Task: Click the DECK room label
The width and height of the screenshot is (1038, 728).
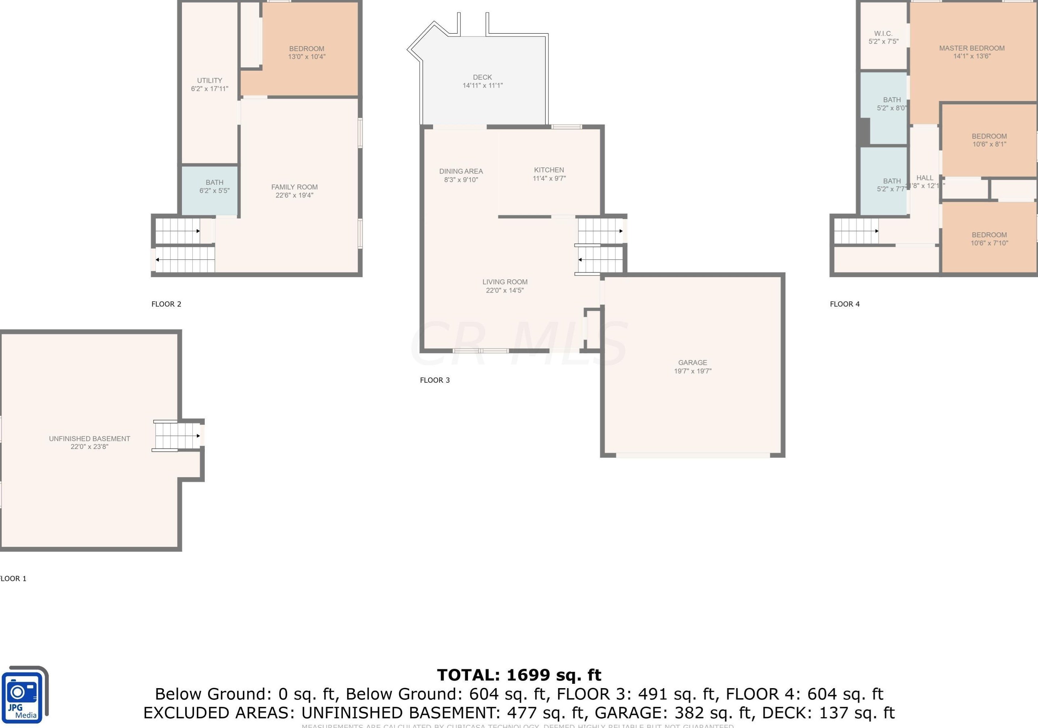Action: click(x=482, y=77)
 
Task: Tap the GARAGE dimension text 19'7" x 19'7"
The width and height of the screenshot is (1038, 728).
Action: click(x=692, y=371)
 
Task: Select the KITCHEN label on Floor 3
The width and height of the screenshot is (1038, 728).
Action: click(x=549, y=170)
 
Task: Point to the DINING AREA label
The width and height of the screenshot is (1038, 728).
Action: click(x=461, y=171)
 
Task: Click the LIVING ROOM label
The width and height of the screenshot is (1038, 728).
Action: click(x=505, y=282)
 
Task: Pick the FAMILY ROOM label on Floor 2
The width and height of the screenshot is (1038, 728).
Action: click(x=294, y=187)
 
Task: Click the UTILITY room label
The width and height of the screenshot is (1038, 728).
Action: click(x=209, y=80)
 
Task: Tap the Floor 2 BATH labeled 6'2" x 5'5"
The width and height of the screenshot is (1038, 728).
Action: click(x=214, y=187)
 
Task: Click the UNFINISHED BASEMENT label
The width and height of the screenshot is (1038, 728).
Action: click(x=90, y=439)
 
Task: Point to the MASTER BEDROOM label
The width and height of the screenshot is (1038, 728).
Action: click(x=972, y=48)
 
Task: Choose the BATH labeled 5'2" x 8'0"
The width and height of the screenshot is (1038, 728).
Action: click(x=892, y=104)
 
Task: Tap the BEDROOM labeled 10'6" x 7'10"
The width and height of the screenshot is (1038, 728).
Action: click(x=989, y=238)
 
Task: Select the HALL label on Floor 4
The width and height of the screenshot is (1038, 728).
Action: click(x=925, y=178)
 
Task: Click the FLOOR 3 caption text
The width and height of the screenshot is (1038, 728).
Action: click(x=435, y=380)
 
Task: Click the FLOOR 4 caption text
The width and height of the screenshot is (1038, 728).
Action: click(x=844, y=304)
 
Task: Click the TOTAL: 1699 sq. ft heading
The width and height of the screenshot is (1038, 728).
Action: click(x=519, y=675)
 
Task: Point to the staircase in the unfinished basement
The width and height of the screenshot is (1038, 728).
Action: click(x=177, y=436)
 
